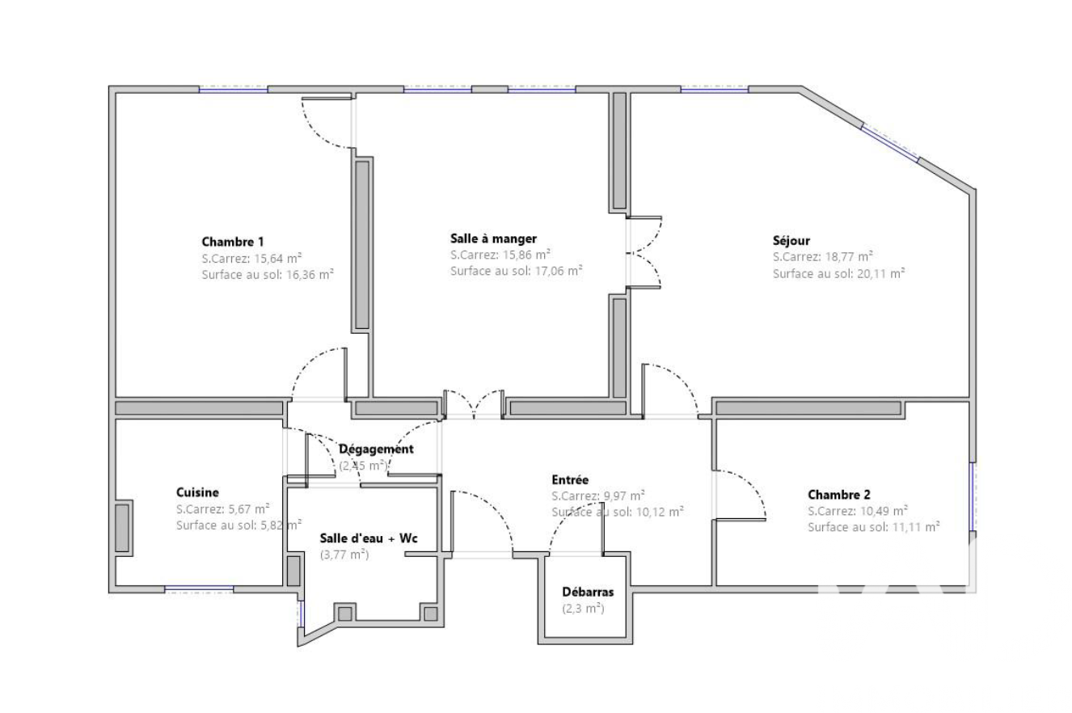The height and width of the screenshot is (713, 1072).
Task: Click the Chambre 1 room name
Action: (233, 242)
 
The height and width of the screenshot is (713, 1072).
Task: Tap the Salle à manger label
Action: (493, 238)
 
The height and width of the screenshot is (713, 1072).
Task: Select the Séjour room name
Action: (791, 241)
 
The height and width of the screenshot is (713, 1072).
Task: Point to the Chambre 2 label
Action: (839, 494)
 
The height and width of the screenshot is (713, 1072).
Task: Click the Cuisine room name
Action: (197, 492)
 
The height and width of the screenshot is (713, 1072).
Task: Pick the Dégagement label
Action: (376, 449)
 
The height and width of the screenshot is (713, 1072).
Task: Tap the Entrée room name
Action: (570, 479)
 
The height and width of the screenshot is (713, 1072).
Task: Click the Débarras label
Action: (588, 592)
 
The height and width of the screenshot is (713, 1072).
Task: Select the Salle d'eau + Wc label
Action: (369, 538)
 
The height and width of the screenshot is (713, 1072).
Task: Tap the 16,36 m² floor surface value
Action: (310, 275)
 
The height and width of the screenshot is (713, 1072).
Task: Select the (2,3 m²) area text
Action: (583, 609)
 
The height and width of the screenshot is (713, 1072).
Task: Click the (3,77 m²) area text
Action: (344, 555)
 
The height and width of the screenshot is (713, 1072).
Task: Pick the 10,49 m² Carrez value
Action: (884, 511)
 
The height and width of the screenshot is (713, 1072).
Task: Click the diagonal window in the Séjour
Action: (891, 143)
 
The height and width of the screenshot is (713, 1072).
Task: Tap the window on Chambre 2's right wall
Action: (973, 496)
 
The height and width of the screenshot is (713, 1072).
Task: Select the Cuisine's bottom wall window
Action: (199, 589)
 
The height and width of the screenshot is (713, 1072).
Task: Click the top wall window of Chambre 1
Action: (233, 89)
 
